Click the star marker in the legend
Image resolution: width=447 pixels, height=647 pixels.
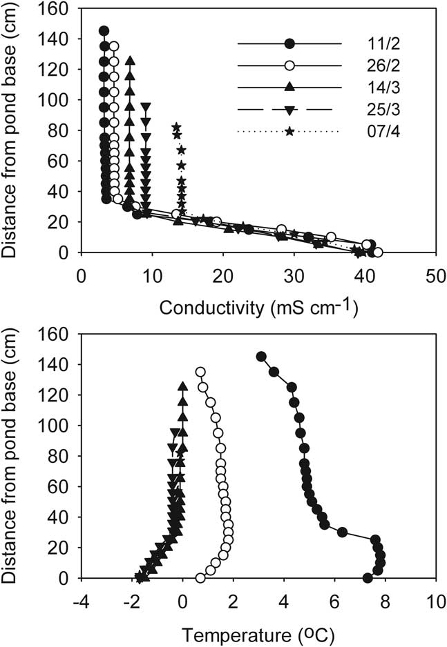289,130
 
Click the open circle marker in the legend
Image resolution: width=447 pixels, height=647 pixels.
289,66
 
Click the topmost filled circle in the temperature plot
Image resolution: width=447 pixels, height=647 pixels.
261,357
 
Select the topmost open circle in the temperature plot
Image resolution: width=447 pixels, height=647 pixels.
200,372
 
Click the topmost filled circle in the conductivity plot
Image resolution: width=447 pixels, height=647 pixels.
104,31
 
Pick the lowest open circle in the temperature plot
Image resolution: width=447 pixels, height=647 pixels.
200,578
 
